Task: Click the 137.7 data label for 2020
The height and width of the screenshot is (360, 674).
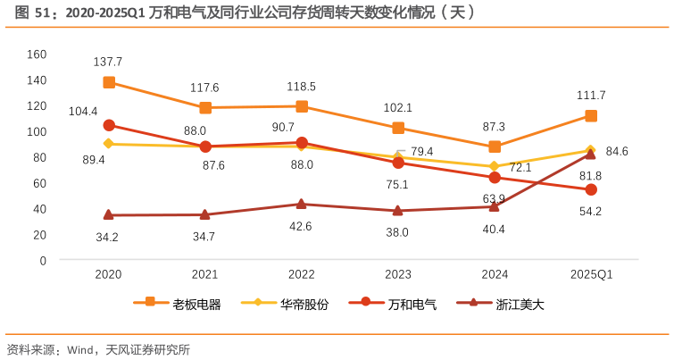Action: click(108, 62)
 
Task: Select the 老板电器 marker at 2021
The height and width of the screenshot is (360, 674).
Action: click(205, 108)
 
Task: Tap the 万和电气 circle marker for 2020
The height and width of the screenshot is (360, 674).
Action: click(109, 125)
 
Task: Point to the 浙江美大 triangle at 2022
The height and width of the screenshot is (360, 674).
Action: click(302, 205)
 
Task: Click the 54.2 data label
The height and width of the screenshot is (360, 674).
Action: click(591, 212)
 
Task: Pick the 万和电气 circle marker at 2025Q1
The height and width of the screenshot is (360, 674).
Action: click(591, 190)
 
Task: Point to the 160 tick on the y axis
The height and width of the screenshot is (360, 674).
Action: click(37, 54)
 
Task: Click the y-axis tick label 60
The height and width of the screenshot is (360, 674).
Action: click(39, 183)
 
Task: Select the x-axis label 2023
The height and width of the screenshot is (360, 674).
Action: click(398, 274)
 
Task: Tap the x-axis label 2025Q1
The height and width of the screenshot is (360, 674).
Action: click(591, 274)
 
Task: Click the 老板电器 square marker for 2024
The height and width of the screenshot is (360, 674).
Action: click(495, 147)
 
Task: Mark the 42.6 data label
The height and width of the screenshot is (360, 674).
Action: click(301, 226)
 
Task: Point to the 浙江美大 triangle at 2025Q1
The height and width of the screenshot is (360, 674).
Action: click(591, 155)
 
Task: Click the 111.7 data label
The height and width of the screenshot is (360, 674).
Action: click(591, 96)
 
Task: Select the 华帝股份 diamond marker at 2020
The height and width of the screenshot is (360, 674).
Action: click(109, 144)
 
